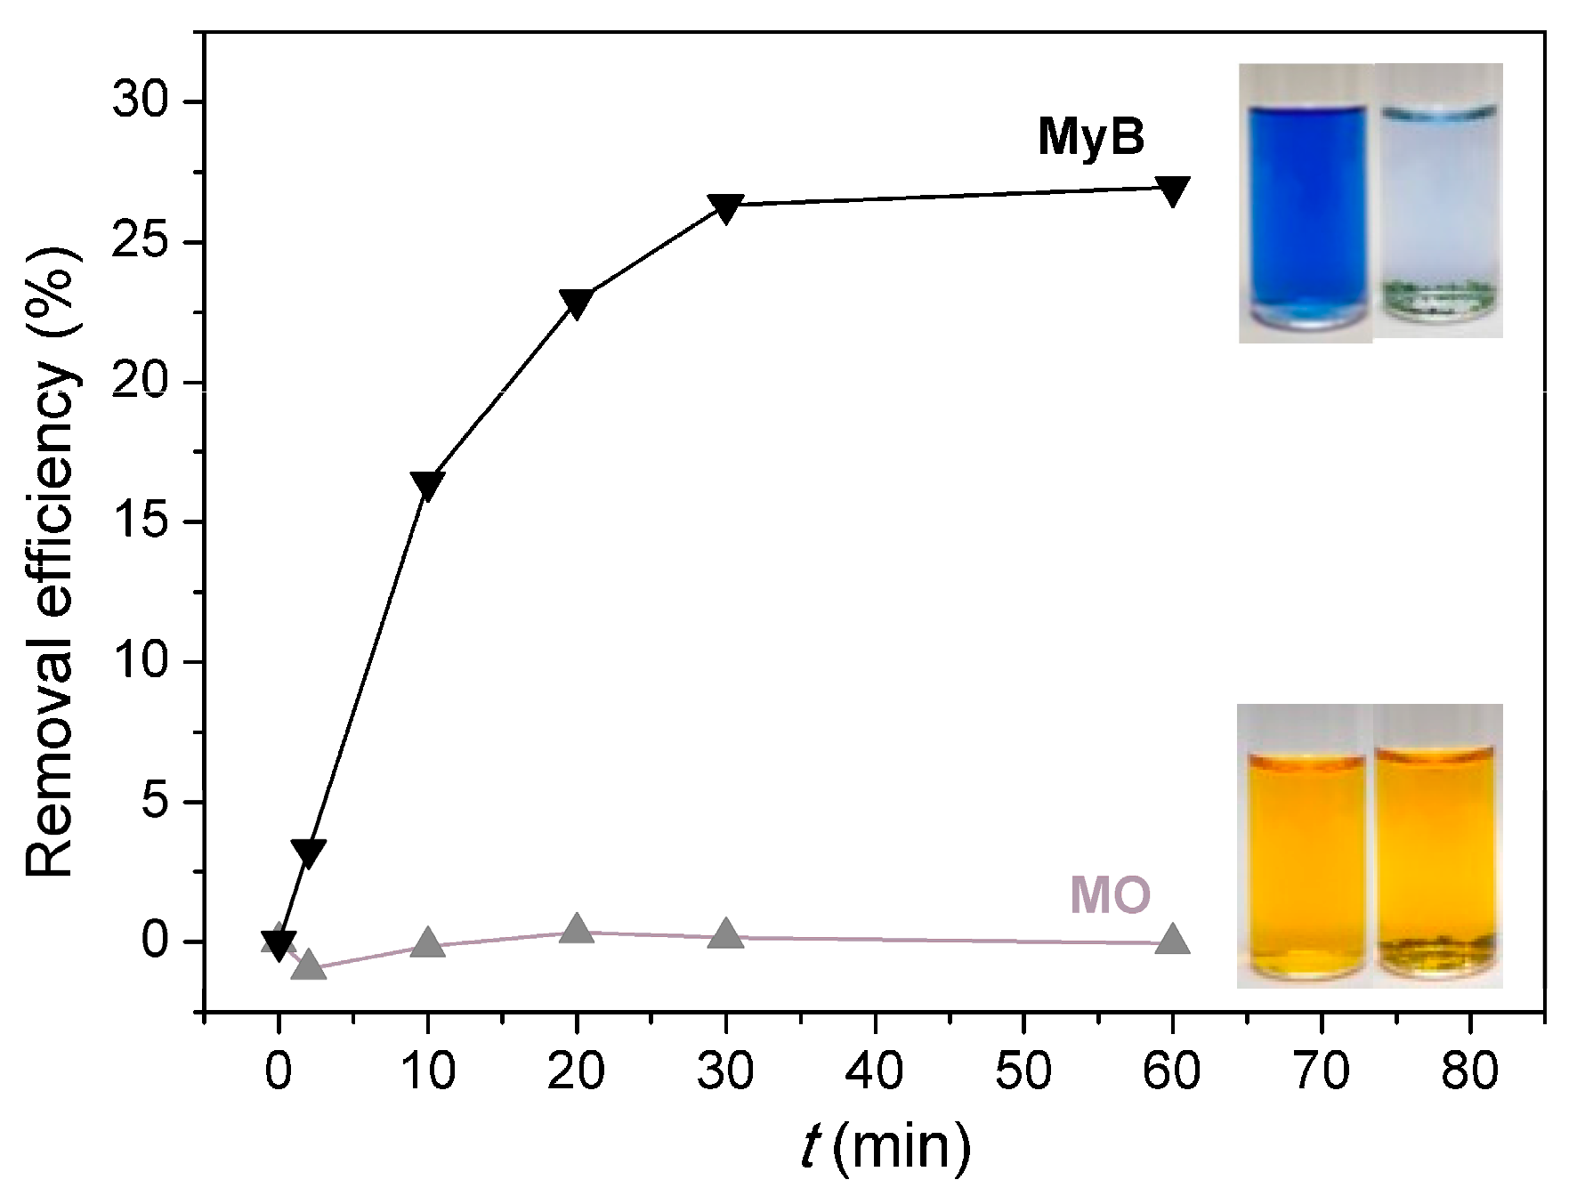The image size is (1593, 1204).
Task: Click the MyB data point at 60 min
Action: [x=1172, y=190]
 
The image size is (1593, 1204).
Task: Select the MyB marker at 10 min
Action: [x=427, y=485]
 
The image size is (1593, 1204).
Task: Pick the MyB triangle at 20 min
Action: [x=577, y=303]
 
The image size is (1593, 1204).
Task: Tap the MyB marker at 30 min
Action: [x=725, y=208]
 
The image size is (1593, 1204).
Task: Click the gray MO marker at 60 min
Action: [x=1172, y=940]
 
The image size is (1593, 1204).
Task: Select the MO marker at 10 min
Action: [x=427, y=943]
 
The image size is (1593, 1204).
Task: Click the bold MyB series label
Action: [x=1091, y=138]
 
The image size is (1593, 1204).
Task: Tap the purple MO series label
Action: [x=1110, y=894]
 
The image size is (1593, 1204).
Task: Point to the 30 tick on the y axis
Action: [x=143, y=102]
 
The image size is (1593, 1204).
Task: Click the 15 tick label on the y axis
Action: [x=143, y=522]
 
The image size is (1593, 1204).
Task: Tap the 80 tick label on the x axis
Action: [x=1470, y=1071]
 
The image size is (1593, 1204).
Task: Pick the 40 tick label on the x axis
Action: [x=876, y=1071]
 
